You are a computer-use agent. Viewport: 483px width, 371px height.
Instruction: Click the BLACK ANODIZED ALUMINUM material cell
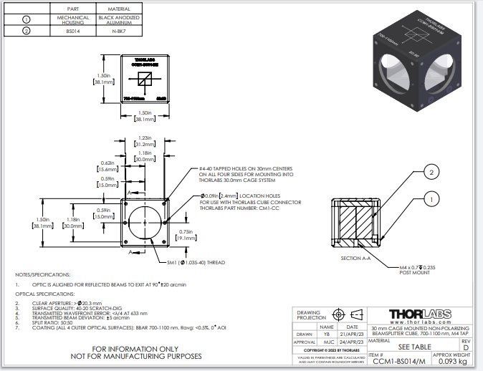119,19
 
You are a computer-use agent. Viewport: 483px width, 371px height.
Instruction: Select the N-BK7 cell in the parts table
119,31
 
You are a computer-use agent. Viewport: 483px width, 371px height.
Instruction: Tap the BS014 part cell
74,31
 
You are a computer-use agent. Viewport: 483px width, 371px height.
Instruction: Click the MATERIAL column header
119,8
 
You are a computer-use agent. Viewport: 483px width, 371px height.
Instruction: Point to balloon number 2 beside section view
431,172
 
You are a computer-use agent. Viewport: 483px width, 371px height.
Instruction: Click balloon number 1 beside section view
431,198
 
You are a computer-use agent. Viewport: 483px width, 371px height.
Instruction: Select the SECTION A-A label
356,258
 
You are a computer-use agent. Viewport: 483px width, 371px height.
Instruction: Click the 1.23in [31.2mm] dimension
145,142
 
